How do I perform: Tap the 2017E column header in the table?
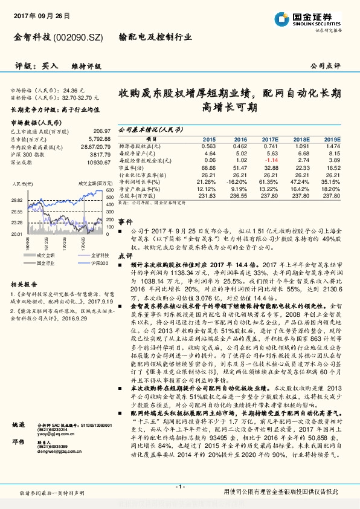click(x=270, y=138)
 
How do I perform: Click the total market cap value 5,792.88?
click(x=97, y=139)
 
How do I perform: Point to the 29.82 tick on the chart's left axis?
click(x=17, y=199)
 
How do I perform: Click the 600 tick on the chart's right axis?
click(x=109, y=190)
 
